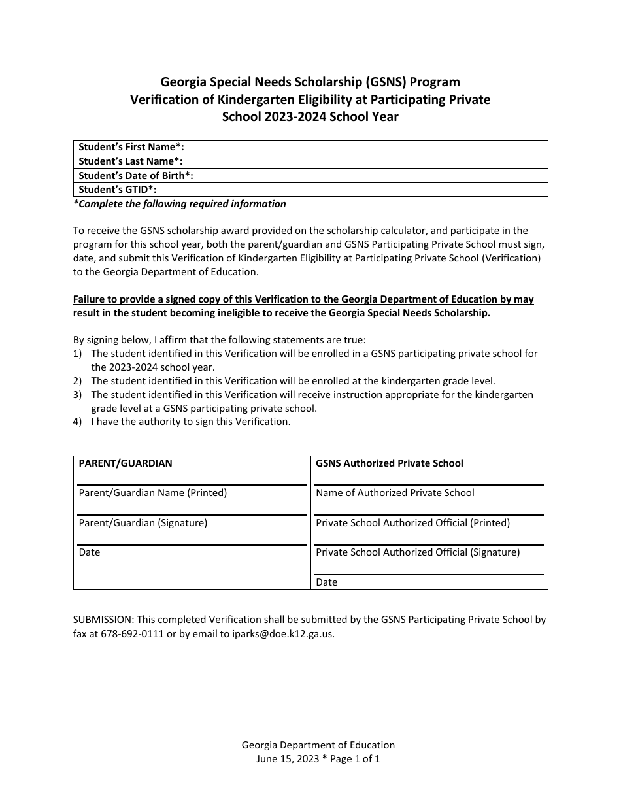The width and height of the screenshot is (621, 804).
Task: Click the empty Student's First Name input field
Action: [x=386, y=147]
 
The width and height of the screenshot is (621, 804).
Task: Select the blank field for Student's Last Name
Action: [x=386, y=161]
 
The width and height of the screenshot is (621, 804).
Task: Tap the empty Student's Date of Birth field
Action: [x=386, y=175]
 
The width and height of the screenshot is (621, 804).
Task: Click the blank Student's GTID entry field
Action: [x=386, y=190]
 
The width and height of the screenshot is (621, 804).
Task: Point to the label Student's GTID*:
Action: [x=118, y=190]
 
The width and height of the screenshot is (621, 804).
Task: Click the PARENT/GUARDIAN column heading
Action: [x=126, y=463]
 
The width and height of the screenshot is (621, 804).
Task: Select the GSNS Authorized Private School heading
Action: [x=390, y=463]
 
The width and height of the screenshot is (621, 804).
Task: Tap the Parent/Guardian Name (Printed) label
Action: [x=153, y=493]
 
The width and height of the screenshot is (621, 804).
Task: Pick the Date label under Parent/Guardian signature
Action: [x=90, y=552]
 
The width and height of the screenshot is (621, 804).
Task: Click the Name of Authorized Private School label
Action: [x=395, y=493]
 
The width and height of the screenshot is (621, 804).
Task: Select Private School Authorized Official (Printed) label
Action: [x=413, y=523]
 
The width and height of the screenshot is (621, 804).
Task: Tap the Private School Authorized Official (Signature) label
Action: [x=418, y=552]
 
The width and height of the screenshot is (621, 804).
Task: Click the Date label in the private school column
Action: [x=327, y=582]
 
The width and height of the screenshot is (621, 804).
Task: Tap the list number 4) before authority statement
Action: [x=78, y=422]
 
